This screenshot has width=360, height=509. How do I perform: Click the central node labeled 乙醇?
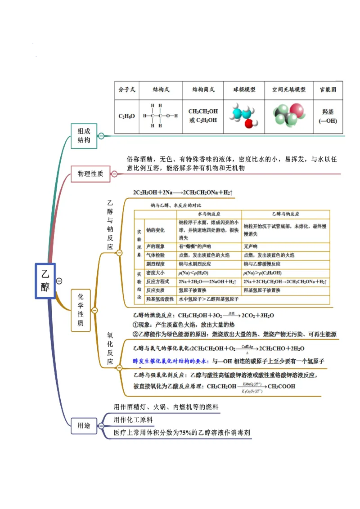point(45,281)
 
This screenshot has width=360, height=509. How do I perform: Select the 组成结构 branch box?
point(84,135)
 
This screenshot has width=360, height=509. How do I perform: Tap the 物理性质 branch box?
point(90,174)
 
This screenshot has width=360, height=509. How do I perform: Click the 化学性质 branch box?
point(81,310)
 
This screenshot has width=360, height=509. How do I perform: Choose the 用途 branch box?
point(84,425)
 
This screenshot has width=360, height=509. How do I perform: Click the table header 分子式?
point(126,89)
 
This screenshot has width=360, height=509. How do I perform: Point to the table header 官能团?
point(328,89)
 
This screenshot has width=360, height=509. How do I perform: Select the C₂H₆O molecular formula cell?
point(126,116)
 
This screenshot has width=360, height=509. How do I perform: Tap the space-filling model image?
point(288,115)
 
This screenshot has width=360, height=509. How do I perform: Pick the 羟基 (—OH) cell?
point(328,116)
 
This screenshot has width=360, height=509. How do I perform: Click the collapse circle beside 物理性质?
point(114,174)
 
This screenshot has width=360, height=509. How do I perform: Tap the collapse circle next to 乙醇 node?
point(59,281)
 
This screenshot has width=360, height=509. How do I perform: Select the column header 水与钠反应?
point(209,214)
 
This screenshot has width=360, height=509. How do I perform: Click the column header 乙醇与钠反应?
point(286,214)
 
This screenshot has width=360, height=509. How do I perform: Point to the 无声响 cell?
point(250,246)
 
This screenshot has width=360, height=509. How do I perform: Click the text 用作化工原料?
point(133,420)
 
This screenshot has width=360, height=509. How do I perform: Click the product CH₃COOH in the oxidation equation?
point(282,386)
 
